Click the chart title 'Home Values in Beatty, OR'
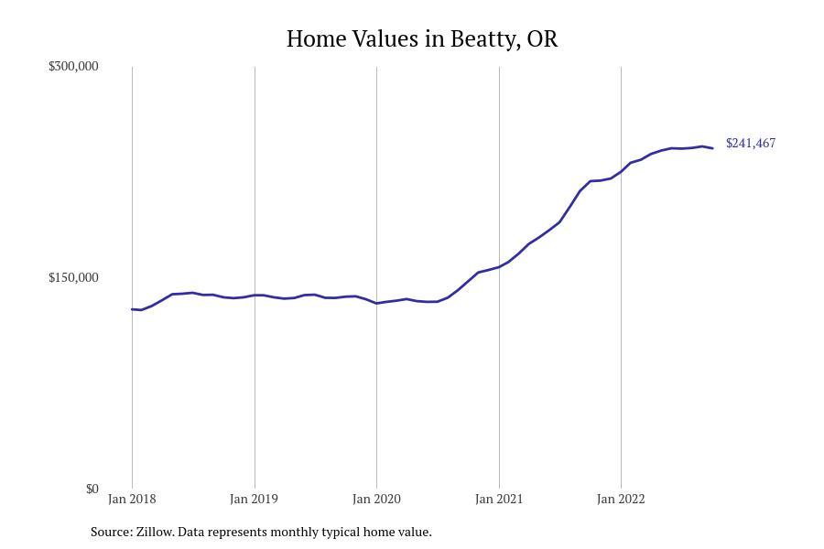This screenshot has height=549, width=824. pyautogui.click(x=421, y=38)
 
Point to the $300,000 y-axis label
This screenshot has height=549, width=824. pyautogui.click(x=73, y=66)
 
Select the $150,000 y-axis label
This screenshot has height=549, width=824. pyautogui.click(x=73, y=277)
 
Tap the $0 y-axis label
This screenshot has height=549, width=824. pyautogui.click(x=92, y=489)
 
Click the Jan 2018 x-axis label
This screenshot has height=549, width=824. pyautogui.click(x=132, y=499)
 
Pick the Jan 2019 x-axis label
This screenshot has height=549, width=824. pyautogui.click(x=254, y=499)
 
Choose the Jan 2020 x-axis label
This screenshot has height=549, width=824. pyautogui.click(x=376, y=499)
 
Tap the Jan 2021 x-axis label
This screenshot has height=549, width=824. pyautogui.click(x=499, y=499)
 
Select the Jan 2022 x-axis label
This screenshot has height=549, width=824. pyautogui.click(x=621, y=499)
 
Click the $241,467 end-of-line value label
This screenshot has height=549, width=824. pyautogui.click(x=751, y=143)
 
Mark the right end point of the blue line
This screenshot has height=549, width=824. pyautogui.click(x=712, y=148)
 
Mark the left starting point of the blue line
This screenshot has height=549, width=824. pyautogui.click(x=132, y=309)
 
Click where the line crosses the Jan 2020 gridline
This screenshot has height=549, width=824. pyautogui.click(x=376, y=303)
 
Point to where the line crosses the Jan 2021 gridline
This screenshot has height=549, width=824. pyautogui.click(x=499, y=267)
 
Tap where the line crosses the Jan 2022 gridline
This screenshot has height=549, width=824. pyautogui.click(x=621, y=171)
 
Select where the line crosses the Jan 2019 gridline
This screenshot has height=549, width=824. pyautogui.click(x=255, y=295)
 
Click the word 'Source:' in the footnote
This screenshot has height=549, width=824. pyautogui.click(x=111, y=532)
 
